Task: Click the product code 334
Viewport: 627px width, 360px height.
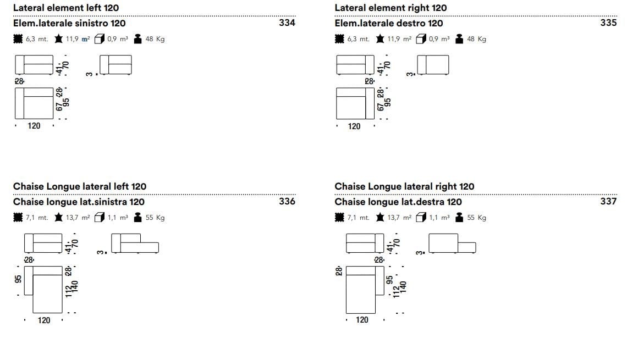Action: click(287, 23)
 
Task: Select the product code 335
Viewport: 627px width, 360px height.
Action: click(608, 23)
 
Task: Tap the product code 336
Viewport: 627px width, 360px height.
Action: click(287, 201)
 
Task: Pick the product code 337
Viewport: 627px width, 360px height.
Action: click(608, 201)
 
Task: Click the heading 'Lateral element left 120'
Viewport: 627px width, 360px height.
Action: click(65, 8)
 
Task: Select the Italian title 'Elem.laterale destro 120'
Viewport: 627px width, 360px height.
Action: click(388, 23)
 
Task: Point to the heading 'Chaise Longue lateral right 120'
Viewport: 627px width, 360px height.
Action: click(404, 186)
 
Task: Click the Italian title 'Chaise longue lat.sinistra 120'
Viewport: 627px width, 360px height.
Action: click(79, 202)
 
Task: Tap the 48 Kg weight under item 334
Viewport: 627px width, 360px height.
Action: click(155, 39)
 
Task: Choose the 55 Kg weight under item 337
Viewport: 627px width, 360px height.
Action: click(476, 218)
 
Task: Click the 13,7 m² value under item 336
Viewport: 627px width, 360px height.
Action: click(78, 218)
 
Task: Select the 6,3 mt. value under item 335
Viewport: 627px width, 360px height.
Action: click(358, 39)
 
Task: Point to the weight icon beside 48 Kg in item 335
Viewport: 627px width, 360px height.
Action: click(459, 39)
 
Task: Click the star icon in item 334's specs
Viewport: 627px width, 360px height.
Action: click(58, 39)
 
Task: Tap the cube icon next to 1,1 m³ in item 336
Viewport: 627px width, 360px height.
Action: click(99, 218)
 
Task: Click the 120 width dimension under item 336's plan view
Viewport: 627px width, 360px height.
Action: click(44, 320)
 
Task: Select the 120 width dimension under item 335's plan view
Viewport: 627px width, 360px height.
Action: click(354, 126)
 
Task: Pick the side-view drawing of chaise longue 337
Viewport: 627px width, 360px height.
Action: click(452, 243)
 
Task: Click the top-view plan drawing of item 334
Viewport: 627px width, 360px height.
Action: click(34, 103)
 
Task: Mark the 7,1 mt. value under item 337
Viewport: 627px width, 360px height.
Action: click(358, 218)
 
